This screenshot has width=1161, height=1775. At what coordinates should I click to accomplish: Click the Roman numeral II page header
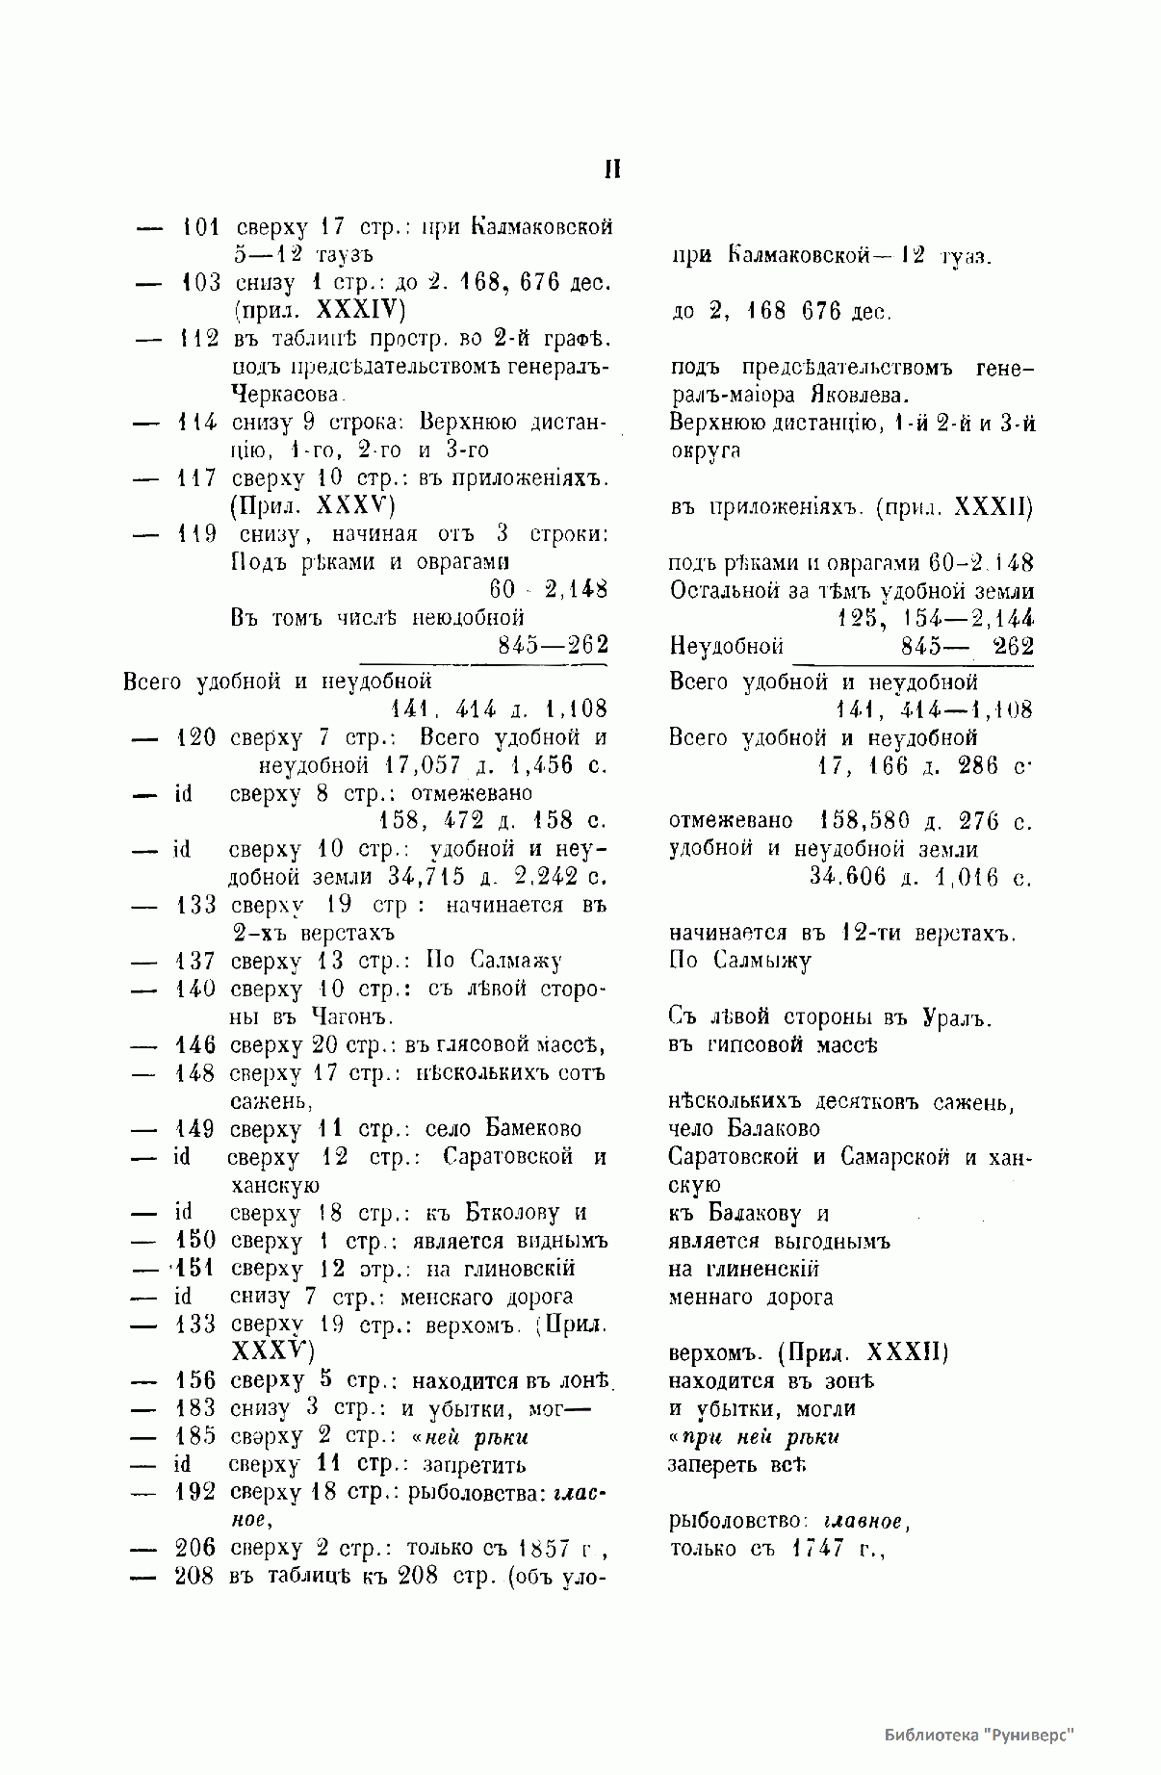tap(611, 170)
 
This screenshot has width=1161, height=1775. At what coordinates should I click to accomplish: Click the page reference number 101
tap(200, 228)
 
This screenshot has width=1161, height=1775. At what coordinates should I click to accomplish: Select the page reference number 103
tap(200, 284)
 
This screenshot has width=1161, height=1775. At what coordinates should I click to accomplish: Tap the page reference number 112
tap(199, 339)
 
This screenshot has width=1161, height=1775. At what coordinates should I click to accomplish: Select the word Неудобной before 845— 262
tap(726, 646)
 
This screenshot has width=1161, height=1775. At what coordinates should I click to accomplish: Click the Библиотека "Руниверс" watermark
tap(977, 1736)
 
